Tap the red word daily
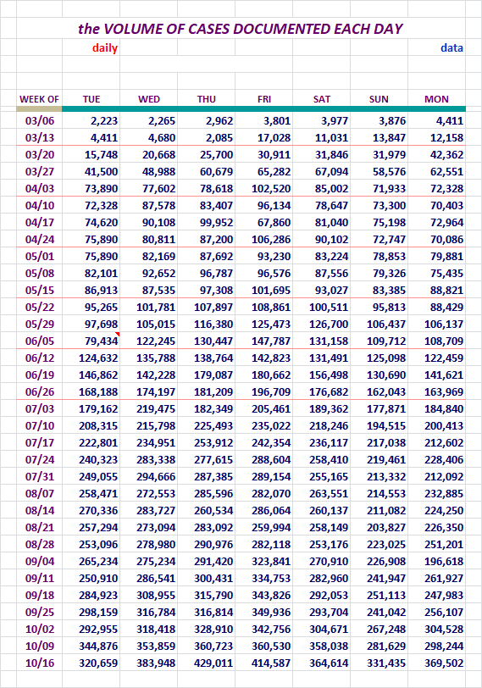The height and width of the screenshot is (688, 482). coord(105,48)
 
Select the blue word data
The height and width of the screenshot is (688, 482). coord(452,47)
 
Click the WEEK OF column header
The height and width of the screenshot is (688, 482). coord(39,99)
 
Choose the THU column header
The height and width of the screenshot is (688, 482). coord(206,99)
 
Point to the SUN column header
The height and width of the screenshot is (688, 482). coord(379,99)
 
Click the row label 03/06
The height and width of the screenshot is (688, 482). coord(40,120)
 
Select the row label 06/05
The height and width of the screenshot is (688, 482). coord(40,341)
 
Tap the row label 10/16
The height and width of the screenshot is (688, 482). coord(40,663)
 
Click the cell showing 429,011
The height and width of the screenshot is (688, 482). coord(213,663)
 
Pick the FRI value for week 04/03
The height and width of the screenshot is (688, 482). coord(271,189)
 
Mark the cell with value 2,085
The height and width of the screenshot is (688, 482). coord(219,138)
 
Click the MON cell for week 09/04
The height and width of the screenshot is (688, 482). coord(444,561)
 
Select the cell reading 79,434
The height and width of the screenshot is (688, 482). coord(102,341)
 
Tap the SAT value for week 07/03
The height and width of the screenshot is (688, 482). coord(329,409)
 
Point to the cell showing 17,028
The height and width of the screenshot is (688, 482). coord(274,138)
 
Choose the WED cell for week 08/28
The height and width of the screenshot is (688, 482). coord(156,545)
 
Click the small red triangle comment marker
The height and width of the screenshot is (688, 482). coord(118,335)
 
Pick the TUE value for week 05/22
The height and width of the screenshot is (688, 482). coord(102,307)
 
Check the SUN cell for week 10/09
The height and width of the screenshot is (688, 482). coord(386,646)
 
